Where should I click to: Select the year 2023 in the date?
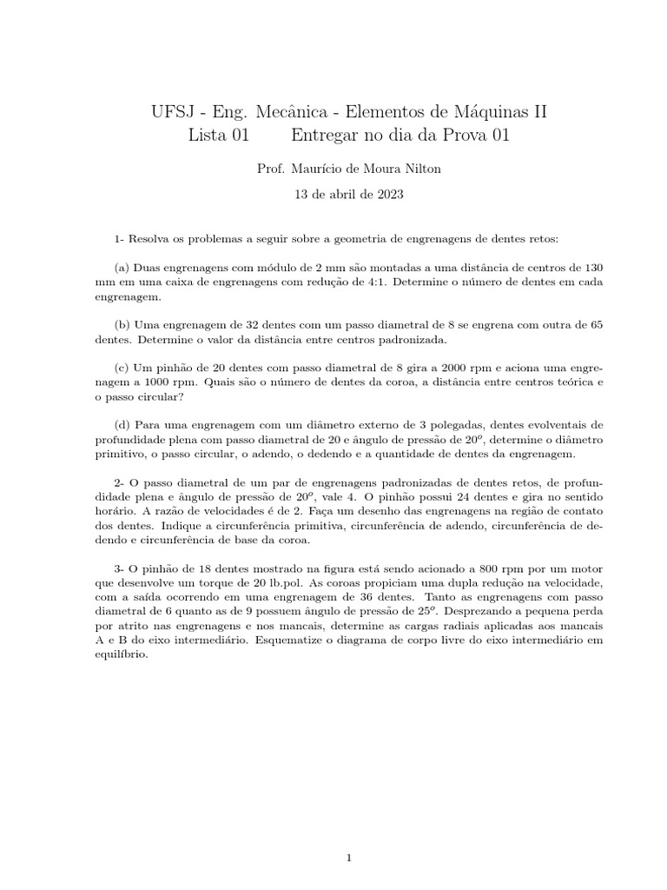[x=388, y=195]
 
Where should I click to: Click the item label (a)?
[x=122, y=267]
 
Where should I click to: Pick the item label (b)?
[x=122, y=324]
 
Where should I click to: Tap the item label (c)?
[x=122, y=367]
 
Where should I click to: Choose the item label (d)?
[x=122, y=424]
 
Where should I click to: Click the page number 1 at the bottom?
[x=348, y=834]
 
